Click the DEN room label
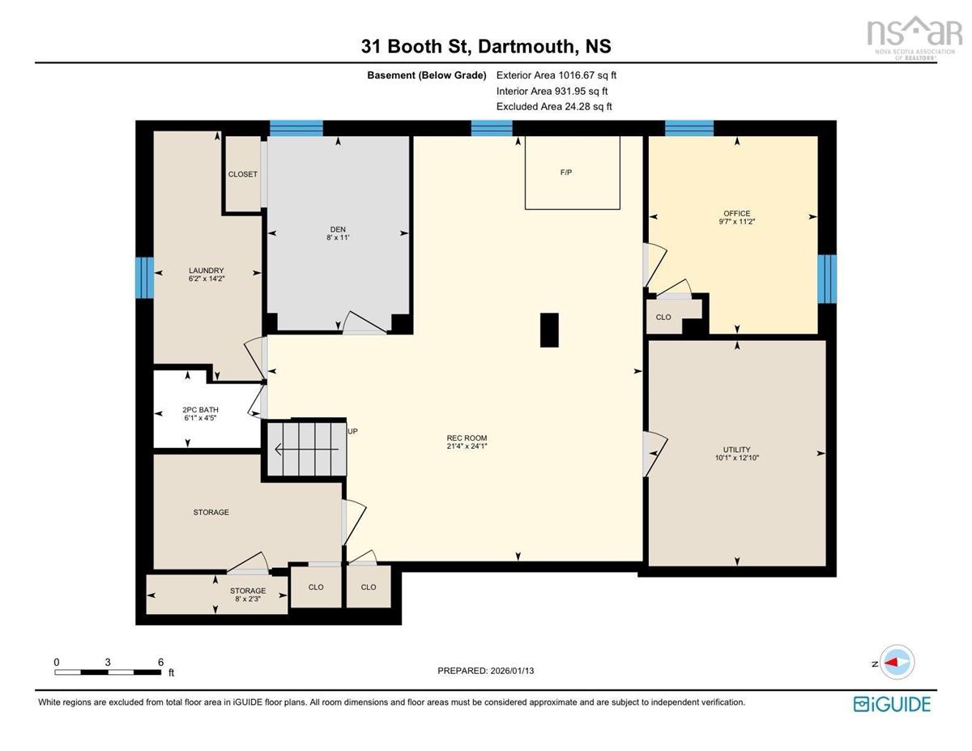pyautogui.click(x=338, y=229)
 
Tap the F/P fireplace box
pyautogui.click(x=572, y=173)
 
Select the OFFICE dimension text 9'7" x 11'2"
pyautogui.click(x=737, y=221)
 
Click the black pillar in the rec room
pyautogui.click(x=549, y=330)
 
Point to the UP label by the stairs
pyautogui.click(x=352, y=432)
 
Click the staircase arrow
pyautogui.click(x=306, y=449)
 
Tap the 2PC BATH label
pyautogui.click(x=200, y=410)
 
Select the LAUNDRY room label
pyautogui.click(x=207, y=271)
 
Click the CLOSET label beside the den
pyautogui.click(x=243, y=174)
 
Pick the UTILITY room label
pyautogui.click(x=737, y=450)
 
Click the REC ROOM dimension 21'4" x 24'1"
pyautogui.click(x=467, y=446)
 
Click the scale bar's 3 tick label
pyautogui.click(x=108, y=663)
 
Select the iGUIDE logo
pyautogui.click(x=892, y=705)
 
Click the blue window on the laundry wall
pyautogui.click(x=144, y=277)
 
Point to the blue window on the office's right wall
pyautogui.click(x=827, y=279)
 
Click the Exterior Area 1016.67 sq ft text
pyautogui.click(x=556, y=75)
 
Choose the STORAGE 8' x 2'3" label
pyautogui.click(x=248, y=595)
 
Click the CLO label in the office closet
pyautogui.click(x=663, y=317)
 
